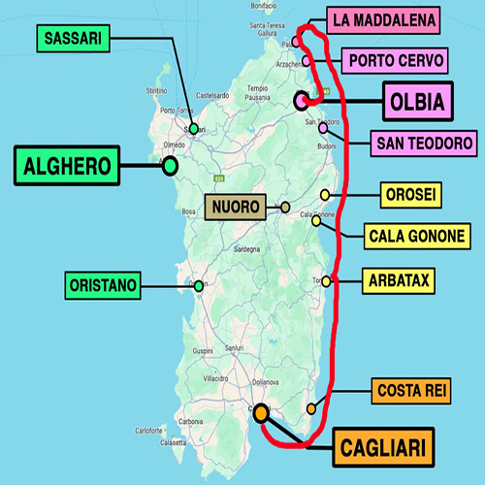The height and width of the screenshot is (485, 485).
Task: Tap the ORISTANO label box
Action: click(103, 285)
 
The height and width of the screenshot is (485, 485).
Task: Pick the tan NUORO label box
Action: click(234, 207)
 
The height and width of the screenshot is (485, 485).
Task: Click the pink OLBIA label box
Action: click(417, 101)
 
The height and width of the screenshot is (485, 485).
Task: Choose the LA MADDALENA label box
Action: click(381, 19)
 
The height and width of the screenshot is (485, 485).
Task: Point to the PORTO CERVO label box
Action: click(395, 61)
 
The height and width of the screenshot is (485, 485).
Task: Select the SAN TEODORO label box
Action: click(424, 144)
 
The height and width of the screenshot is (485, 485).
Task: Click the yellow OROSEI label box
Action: click(411, 195)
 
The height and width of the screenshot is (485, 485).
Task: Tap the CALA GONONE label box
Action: click(417, 236)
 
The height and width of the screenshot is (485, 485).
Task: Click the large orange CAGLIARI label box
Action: click(384, 449)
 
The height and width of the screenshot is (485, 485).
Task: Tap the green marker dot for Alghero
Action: click(170, 166)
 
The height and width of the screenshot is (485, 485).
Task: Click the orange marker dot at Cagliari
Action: click(260, 413)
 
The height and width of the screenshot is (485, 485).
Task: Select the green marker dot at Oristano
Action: click(199, 285)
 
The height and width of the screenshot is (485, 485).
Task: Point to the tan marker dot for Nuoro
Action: click(285, 207)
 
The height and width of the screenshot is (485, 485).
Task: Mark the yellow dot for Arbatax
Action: click(327, 281)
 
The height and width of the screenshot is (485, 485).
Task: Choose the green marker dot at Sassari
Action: click(194, 128)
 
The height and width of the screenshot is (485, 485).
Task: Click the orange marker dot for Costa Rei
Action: click(311, 408)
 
